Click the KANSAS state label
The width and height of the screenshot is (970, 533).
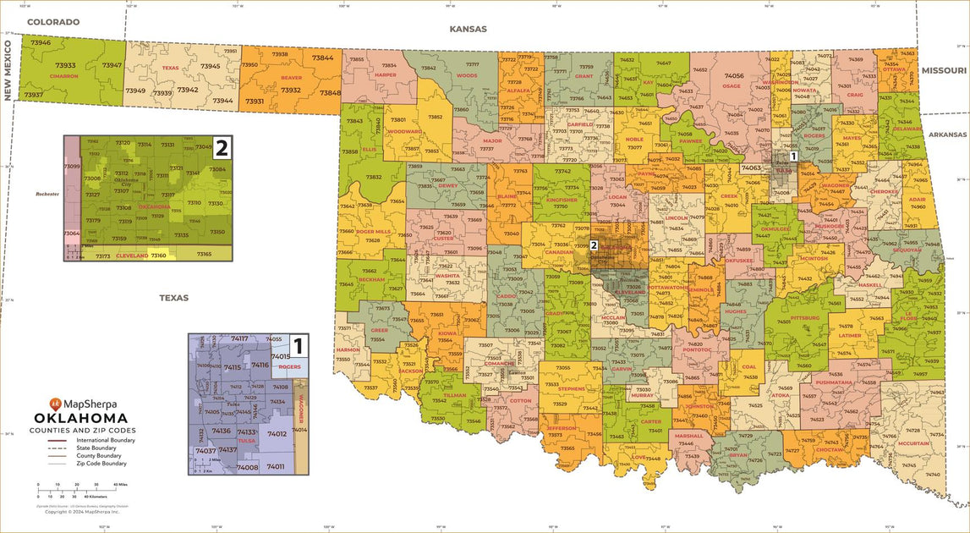(468, 29)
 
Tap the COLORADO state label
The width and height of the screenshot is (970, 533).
(52, 22)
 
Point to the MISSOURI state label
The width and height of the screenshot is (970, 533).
(944, 70)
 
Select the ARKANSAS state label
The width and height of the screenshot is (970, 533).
(945, 135)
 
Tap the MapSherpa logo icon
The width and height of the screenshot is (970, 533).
(56, 403)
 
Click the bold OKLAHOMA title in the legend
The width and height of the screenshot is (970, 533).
(80, 418)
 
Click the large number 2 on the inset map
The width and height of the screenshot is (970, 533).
(222, 149)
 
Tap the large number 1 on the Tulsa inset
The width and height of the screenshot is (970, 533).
(297, 345)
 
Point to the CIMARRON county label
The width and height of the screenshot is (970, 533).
(63, 76)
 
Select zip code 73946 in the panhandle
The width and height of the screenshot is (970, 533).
(41, 42)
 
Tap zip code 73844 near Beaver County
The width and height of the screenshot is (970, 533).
(322, 58)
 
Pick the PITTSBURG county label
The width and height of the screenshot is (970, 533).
(804, 318)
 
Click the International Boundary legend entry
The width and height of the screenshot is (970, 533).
(105, 441)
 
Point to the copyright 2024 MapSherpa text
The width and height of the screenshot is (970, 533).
(83, 511)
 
